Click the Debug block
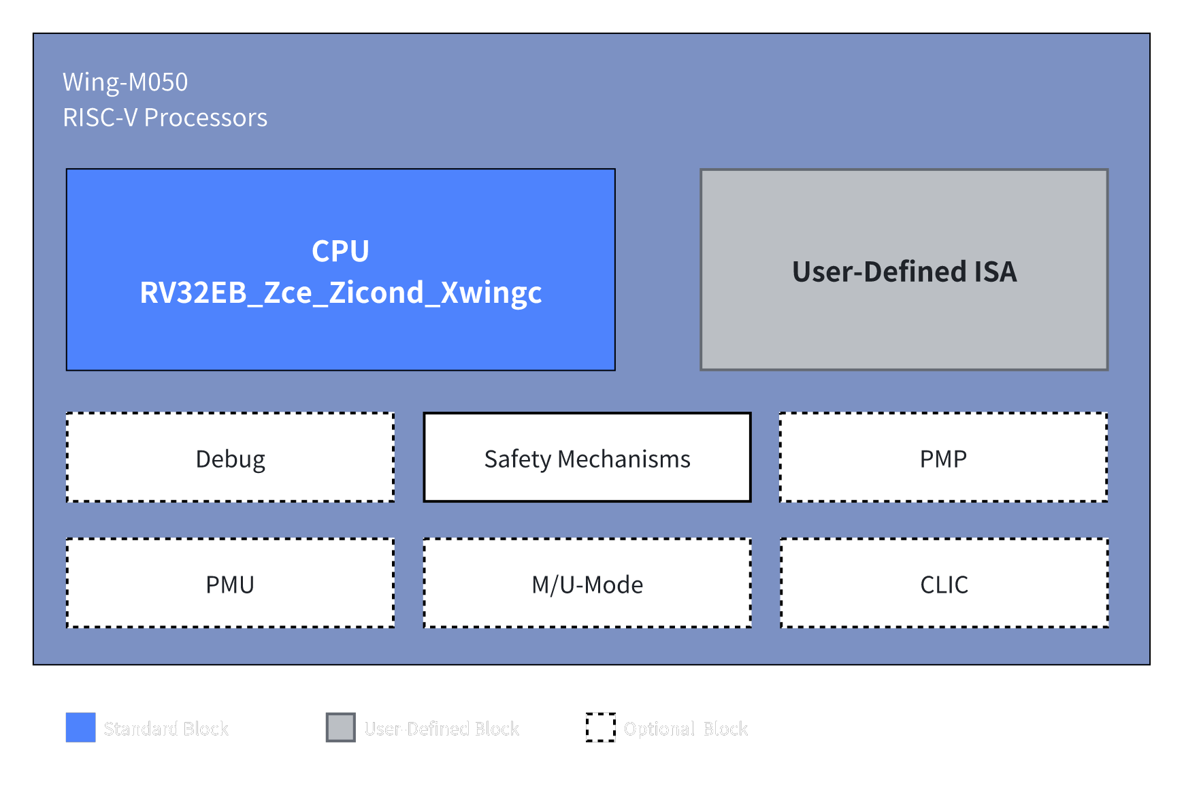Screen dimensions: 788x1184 pos(230,458)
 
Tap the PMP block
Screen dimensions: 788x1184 pos(943,458)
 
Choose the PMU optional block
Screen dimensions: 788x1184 pos(230,584)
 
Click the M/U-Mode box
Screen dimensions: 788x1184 pos(587,584)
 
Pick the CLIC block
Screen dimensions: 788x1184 pos(944,584)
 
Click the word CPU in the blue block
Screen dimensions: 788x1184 pos(340,251)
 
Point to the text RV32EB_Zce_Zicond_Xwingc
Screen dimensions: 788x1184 pos(340,293)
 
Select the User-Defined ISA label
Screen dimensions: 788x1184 pos(904,272)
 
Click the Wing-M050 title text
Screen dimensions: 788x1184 pos(125,82)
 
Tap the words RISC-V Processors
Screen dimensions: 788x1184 pos(165,118)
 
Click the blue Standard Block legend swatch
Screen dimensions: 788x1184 pos(80,727)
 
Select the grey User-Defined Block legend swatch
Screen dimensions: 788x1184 pos(340,727)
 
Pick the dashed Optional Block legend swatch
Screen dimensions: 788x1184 pos(600,727)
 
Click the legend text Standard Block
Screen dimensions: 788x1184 pos(166,729)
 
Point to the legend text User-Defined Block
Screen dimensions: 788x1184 pos(441,729)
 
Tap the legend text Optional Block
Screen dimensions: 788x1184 pos(685,729)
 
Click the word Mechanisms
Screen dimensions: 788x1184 pos(624,459)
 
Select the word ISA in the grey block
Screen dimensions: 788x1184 pos(996,272)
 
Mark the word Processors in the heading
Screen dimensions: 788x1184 pos(205,118)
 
